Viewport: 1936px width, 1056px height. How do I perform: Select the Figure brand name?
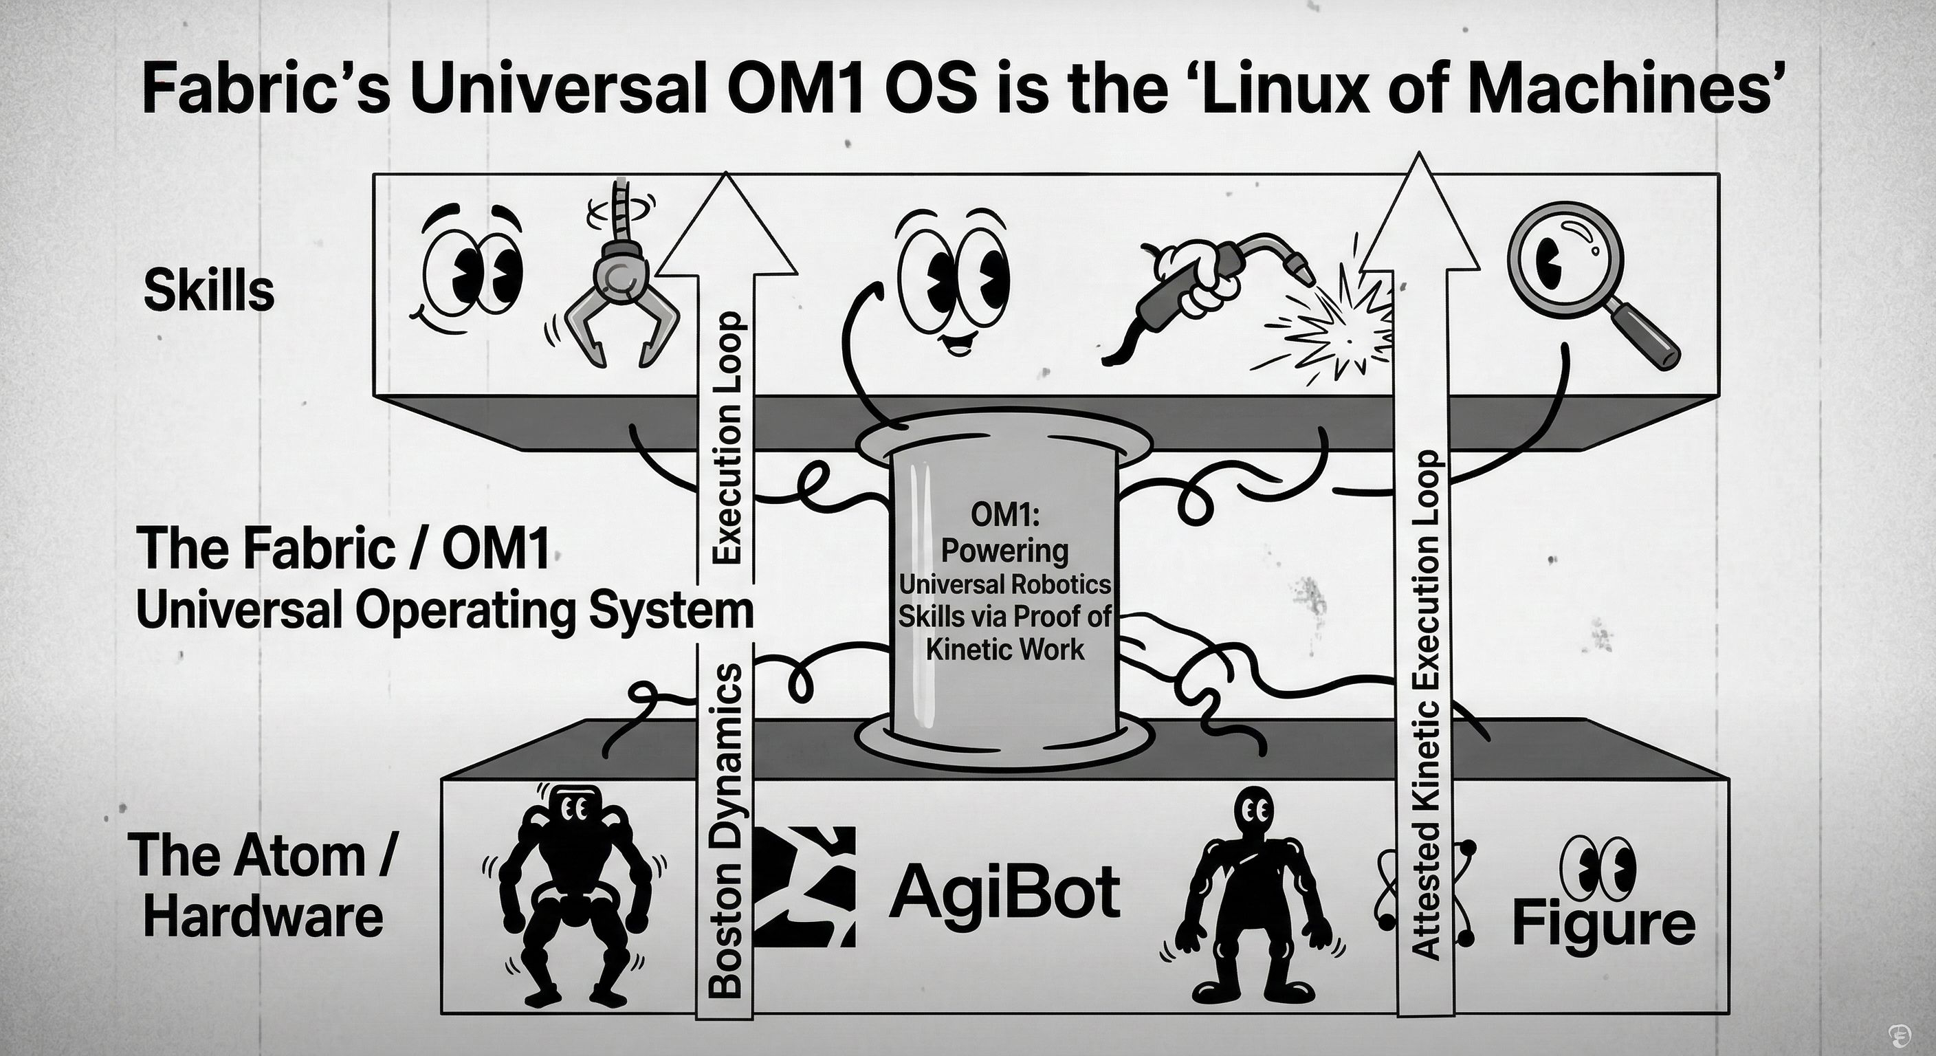[x=1604, y=925]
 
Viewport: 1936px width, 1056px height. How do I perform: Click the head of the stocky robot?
[x=574, y=808]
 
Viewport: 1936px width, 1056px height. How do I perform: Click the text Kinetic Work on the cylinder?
[x=1005, y=648]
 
